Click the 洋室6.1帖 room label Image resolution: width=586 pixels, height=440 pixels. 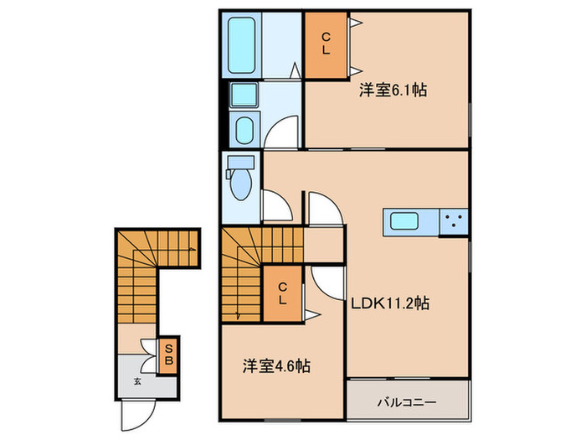coord(393,90)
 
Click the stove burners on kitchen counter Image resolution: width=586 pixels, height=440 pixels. coord(455,222)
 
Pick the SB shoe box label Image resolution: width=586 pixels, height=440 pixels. coord(168,355)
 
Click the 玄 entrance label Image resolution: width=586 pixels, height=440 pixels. coord(136,381)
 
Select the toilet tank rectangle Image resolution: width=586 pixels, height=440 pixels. coord(240,161)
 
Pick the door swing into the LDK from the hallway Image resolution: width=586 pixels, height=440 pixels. coord(325,208)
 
